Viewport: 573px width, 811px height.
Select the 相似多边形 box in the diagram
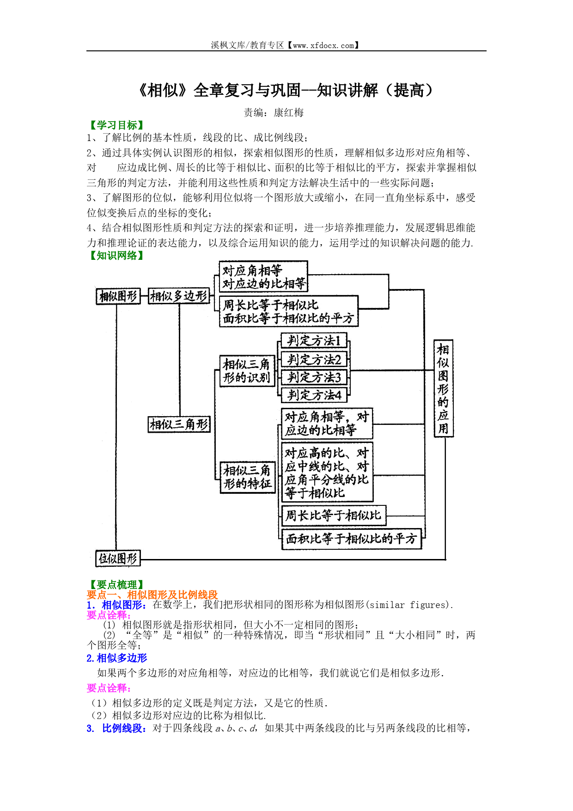point(179,296)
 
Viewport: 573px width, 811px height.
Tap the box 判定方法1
point(314,341)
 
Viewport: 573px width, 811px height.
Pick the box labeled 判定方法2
point(314,359)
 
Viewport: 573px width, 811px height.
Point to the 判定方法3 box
point(314,377)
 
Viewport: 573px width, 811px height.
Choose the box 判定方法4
point(314,395)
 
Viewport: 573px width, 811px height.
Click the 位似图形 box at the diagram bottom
point(118,559)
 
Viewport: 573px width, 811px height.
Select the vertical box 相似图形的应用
point(443,388)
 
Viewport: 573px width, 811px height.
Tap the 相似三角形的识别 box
point(247,371)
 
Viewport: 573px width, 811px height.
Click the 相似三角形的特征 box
point(247,477)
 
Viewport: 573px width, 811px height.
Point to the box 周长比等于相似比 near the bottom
point(334,515)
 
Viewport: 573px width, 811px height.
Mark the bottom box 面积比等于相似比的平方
point(352,539)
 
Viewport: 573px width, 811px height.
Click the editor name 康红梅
point(289,112)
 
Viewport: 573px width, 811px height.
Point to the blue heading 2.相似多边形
point(117,658)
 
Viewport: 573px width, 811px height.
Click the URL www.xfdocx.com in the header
point(323,45)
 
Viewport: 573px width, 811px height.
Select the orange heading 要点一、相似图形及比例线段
point(152,595)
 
